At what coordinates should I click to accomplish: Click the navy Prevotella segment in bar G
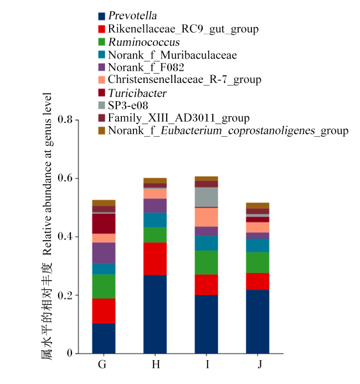[x=104, y=338]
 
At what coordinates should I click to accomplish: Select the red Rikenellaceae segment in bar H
[x=155, y=258]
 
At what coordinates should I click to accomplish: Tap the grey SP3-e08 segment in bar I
[x=207, y=197]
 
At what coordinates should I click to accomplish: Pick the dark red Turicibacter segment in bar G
[x=104, y=224]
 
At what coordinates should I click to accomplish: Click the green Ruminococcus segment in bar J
[x=258, y=262]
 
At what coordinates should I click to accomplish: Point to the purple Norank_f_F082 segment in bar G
[x=104, y=253]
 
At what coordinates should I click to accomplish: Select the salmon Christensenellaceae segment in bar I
[x=207, y=217]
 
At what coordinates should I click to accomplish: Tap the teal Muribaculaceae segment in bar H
[x=155, y=220]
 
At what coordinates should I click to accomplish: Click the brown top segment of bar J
[x=258, y=206]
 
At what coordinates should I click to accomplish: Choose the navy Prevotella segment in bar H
[x=155, y=314]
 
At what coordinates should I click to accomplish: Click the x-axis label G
[x=102, y=364]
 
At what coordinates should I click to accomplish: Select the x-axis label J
[x=260, y=365]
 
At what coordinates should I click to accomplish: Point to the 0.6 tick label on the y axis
[x=65, y=178]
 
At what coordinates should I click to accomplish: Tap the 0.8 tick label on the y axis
[x=65, y=120]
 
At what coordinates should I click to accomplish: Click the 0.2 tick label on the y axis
[x=65, y=295]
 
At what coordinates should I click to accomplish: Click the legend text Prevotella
[x=132, y=15]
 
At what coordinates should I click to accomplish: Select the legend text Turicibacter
[x=137, y=93]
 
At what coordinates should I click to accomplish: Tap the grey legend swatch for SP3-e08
[x=101, y=105]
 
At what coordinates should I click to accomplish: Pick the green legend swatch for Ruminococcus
[x=101, y=42]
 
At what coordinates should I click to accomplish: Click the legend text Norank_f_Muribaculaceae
[x=173, y=55]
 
